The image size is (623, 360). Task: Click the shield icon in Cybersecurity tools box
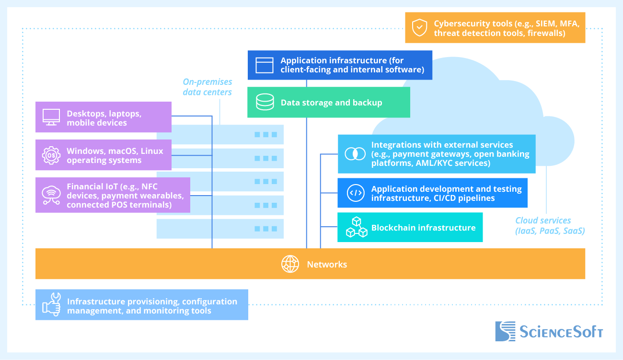tap(419, 27)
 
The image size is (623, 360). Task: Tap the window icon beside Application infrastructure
tap(264, 65)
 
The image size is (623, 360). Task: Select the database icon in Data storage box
tap(265, 102)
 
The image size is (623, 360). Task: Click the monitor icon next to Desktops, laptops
tap(51, 117)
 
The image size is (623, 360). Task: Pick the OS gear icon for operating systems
tap(51, 155)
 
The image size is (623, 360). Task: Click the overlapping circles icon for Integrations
tap(355, 154)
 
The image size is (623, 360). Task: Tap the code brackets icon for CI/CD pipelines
tap(355, 193)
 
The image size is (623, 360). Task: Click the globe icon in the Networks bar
tap(290, 264)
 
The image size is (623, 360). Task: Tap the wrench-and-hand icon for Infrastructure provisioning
tap(51, 304)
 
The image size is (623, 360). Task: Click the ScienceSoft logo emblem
tap(505, 331)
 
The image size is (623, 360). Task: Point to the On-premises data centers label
tap(208, 87)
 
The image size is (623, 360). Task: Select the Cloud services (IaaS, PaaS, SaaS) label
tap(550, 226)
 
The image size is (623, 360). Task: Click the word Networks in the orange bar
tap(327, 264)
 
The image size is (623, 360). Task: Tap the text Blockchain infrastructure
tap(423, 228)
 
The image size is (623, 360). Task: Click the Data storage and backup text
tap(331, 103)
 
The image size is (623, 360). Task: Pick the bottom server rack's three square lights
tap(265, 229)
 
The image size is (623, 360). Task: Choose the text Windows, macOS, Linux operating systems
tap(115, 155)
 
